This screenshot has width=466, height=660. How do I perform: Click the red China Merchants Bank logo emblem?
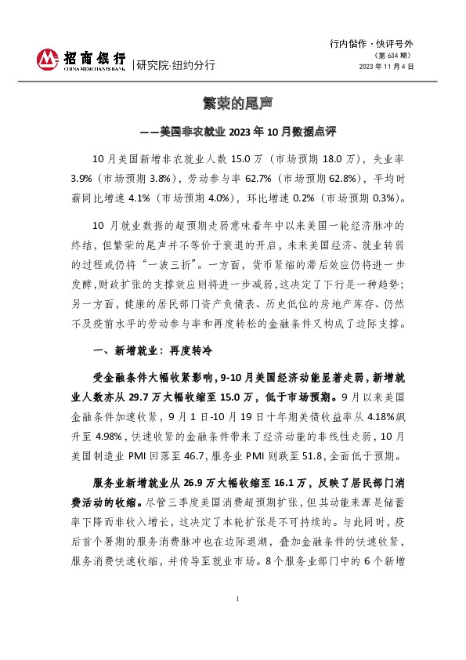[x=49, y=59]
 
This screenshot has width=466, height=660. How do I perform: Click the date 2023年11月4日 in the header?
[x=386, y=67]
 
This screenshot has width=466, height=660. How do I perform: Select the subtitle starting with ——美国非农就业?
[x=233, y=130]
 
